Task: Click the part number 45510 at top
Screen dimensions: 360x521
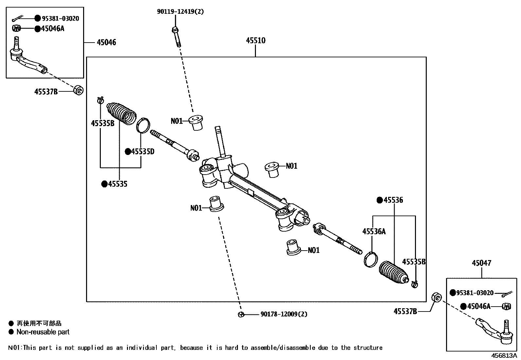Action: pos(256,41)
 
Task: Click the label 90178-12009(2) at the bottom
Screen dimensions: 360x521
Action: pos(284,314)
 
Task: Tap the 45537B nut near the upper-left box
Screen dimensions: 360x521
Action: pos(79,90)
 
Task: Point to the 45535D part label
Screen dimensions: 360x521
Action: pos(142,152)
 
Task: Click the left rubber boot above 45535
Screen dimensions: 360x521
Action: pos(121,113)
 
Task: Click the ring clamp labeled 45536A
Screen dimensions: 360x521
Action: pos(370,259)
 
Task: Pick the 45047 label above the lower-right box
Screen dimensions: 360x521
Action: pos(481,263)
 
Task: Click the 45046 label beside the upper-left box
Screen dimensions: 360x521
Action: pos(106,43)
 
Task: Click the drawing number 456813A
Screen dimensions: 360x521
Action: pos(503,356)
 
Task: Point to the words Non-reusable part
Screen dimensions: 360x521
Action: pos(43,332)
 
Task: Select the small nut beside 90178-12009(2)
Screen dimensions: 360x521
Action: pos(241,314)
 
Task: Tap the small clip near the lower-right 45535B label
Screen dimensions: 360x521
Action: pos(414,284)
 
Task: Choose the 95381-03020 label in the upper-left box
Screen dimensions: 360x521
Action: pos(60,19)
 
